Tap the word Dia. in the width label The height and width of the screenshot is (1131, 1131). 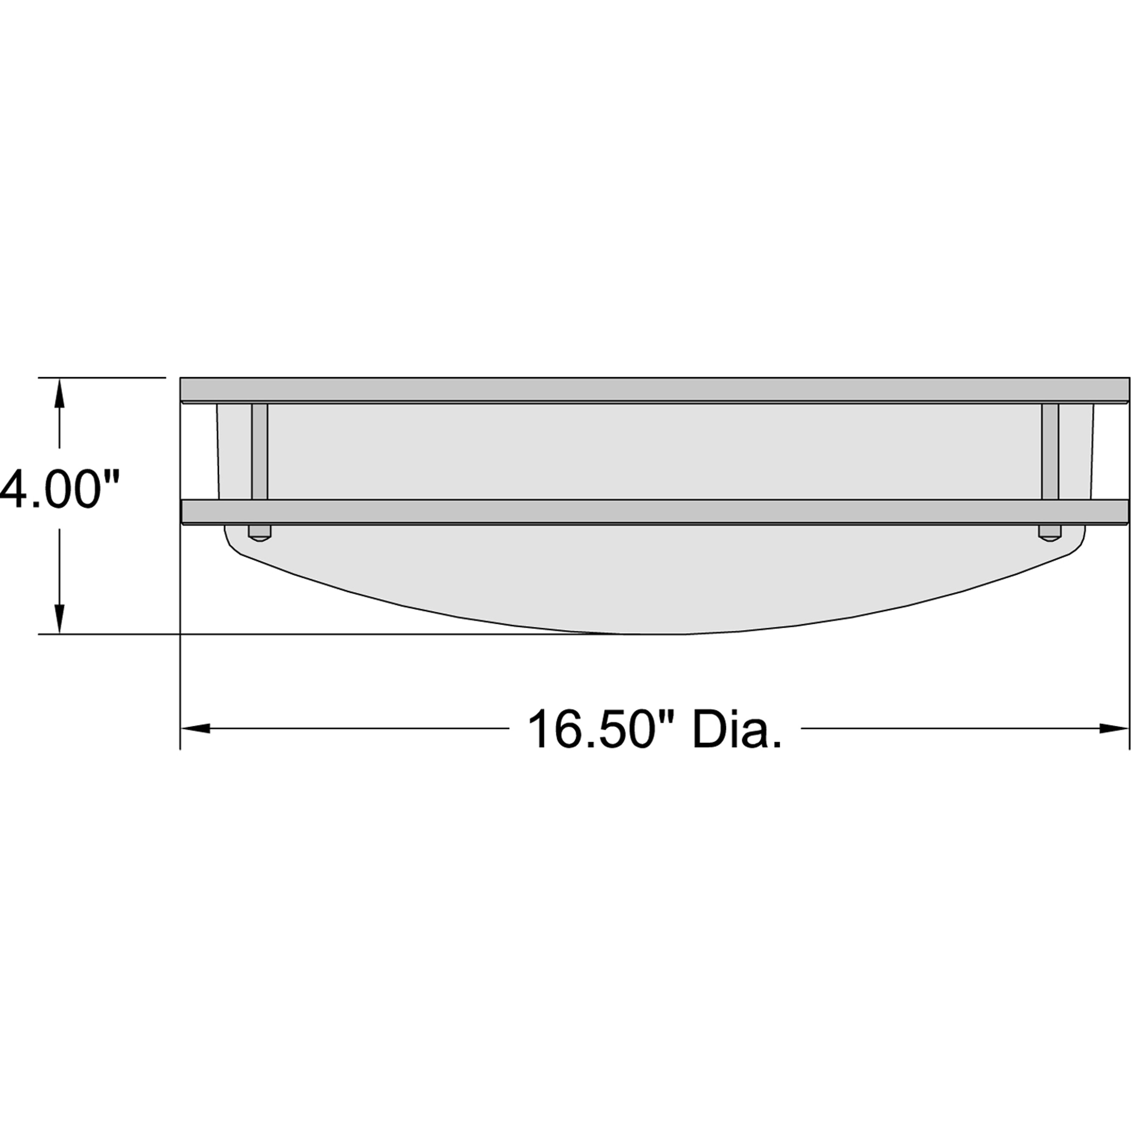coord(738,729)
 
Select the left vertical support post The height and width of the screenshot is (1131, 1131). coord(259,451)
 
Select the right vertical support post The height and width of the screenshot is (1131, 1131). coord(1050,451)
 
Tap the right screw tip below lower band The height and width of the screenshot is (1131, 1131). coord(1050,533)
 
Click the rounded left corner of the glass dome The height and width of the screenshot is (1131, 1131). coord(231,544)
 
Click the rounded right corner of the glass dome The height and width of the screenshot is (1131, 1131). coord(1077,544)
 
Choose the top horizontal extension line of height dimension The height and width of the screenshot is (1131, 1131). coord(102,378)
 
